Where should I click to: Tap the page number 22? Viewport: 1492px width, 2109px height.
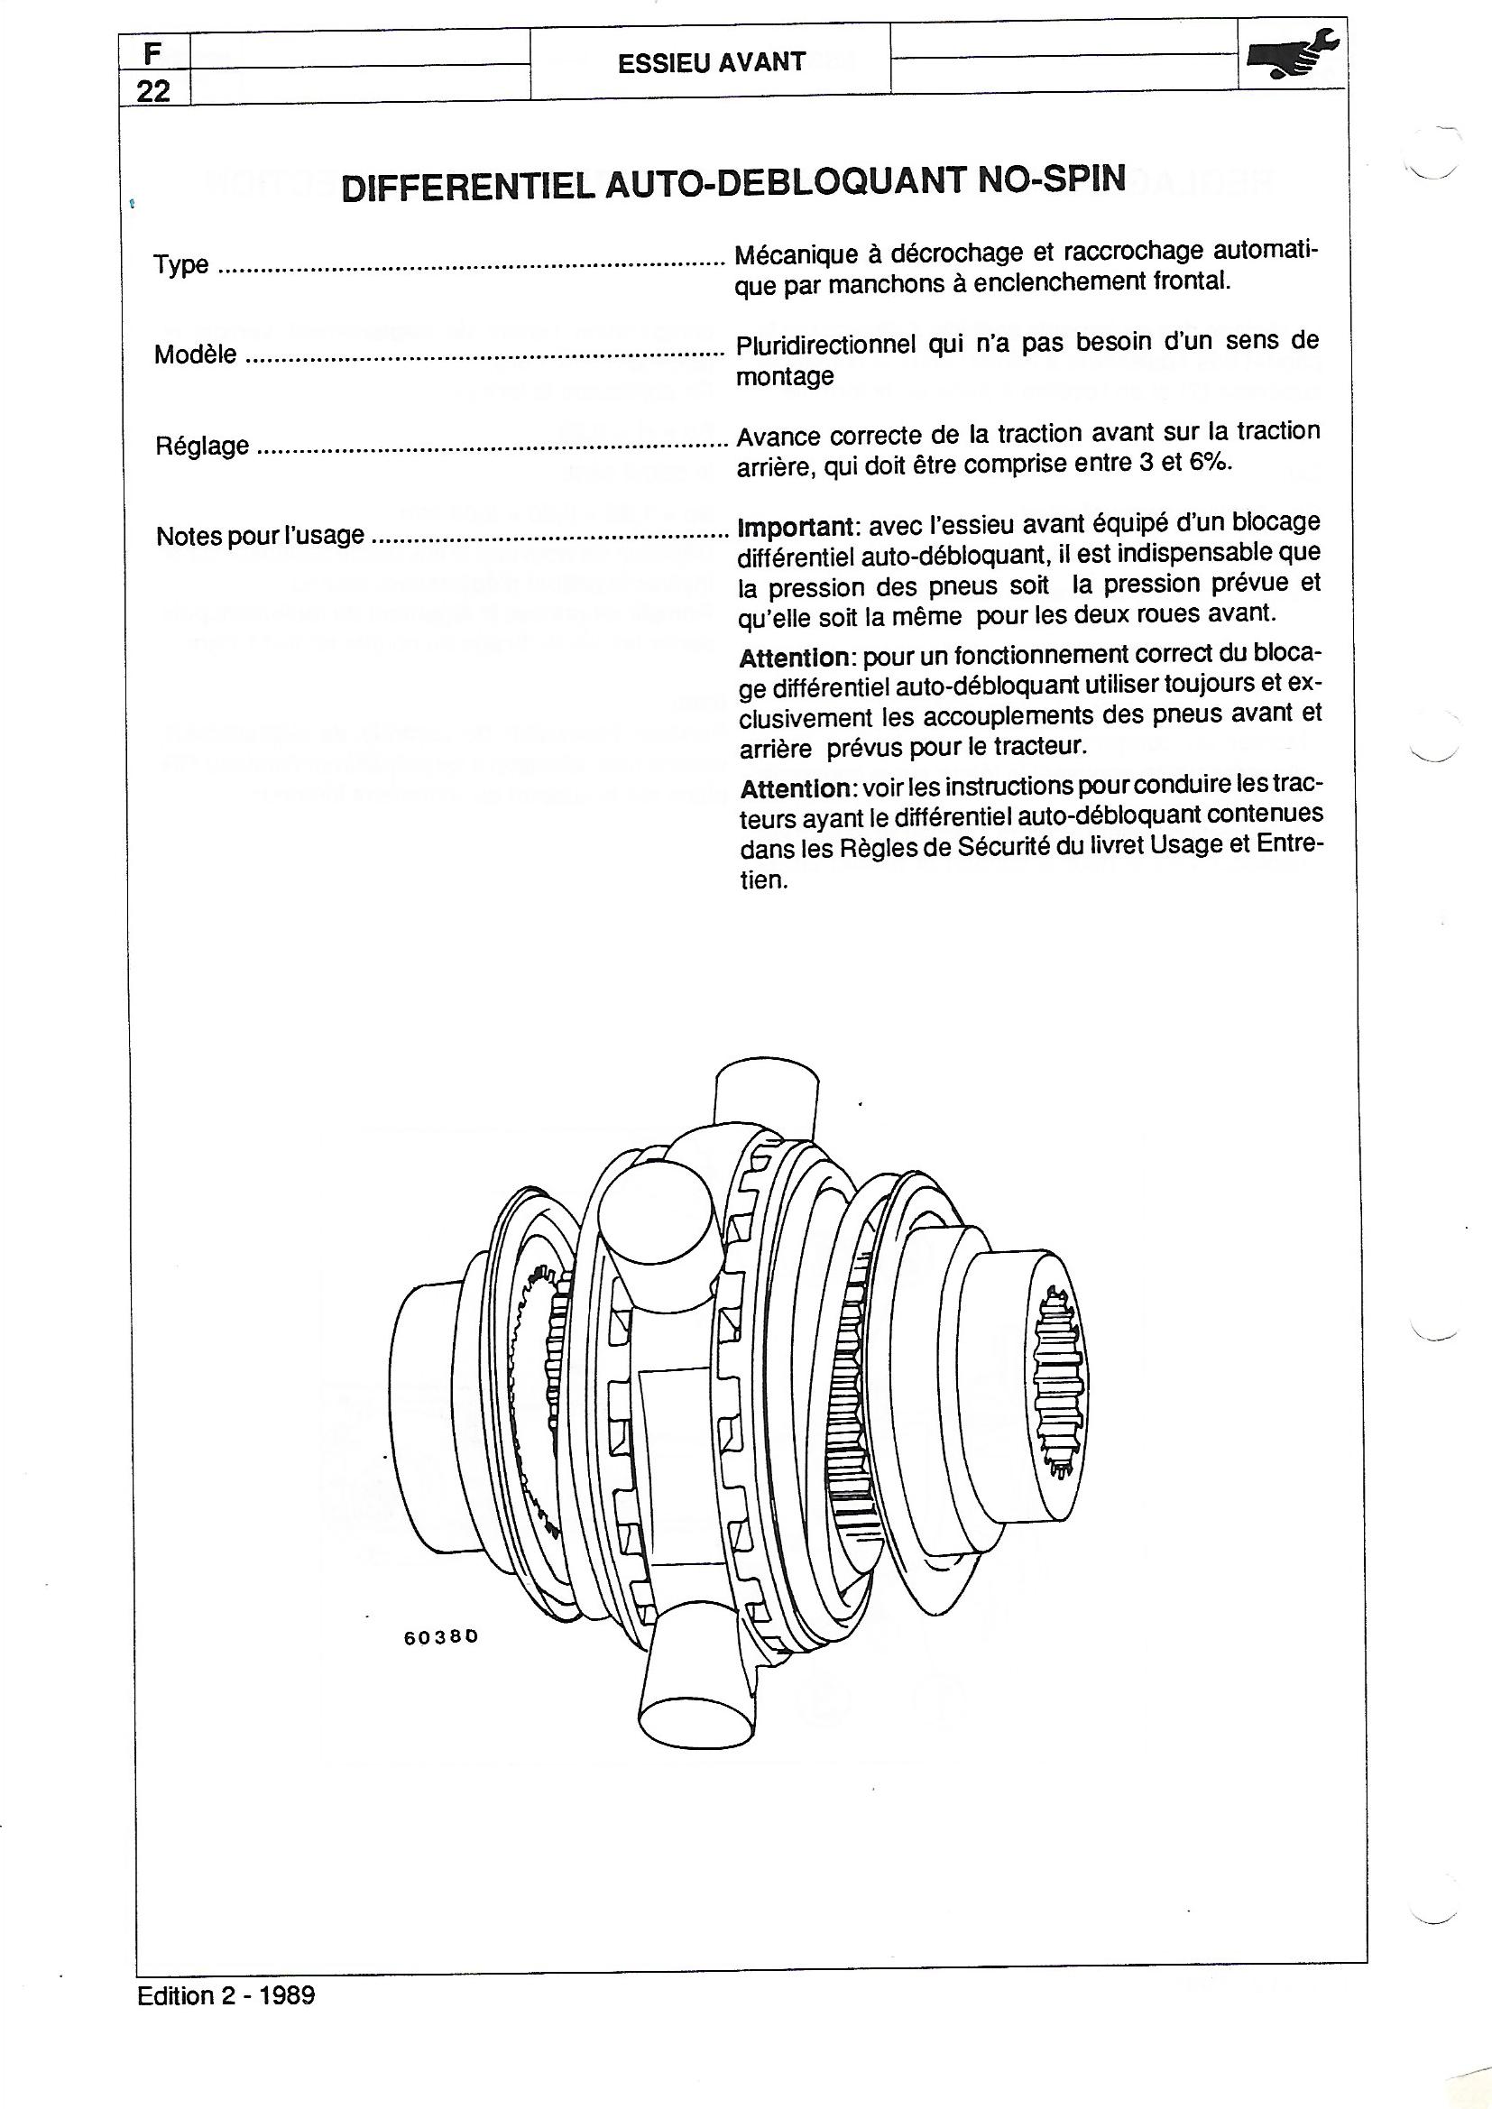(x=152, y=91)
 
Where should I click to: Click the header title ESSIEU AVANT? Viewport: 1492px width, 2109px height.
(x=711, y=62)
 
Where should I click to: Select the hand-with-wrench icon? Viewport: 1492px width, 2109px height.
(x=1294, y=56)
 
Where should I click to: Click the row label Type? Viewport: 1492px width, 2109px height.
(x=181, y=264)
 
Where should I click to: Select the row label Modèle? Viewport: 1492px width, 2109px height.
(x=196, y=355)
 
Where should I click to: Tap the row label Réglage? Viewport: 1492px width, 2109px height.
(x=202, y=446)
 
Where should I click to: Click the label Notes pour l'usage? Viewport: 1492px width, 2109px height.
(x=260, y=536)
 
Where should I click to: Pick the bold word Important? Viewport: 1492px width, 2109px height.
(x=796, y=527)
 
